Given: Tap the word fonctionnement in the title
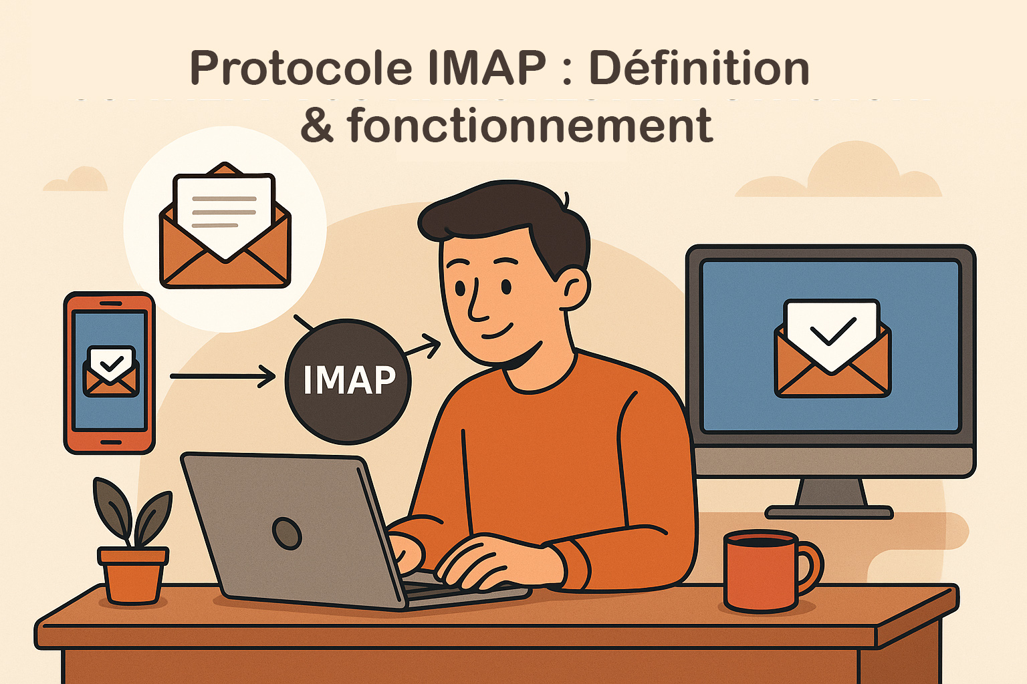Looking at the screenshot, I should coord(530,126).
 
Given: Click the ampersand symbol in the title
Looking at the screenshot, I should coord(316,126).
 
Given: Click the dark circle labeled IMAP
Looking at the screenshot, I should coord(348,381).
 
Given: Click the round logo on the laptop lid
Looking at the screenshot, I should coord(288,533).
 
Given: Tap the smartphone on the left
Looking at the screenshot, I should coord(110,373).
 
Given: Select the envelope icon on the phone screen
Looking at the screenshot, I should coord(111,371).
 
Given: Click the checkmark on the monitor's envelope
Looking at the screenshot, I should coord(832,330).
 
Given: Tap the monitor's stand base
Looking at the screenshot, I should coord(829,512).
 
